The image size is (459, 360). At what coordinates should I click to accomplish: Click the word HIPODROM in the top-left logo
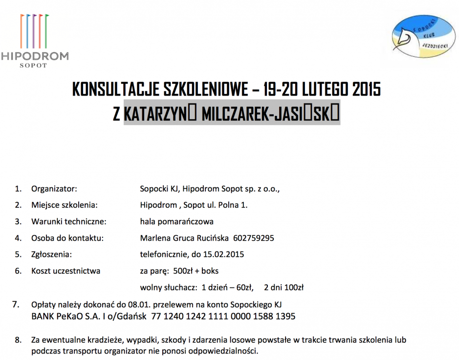pyautogui.click(x=35, y=56)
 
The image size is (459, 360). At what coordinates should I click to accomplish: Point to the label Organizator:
pyautogui.click(x=54, y=188)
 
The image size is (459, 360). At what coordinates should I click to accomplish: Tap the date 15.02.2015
pyautogui.click(x=224, y=254)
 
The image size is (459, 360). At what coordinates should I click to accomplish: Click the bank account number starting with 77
pyautogui.click(x=223, y=316)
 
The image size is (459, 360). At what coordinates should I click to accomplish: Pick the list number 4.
pyautogui.click(x=18, y=238)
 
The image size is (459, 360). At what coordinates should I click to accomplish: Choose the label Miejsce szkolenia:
pyautogui.click(x=65, y=205)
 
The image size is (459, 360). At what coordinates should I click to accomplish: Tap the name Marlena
pyautogui.click(x=154, y=238)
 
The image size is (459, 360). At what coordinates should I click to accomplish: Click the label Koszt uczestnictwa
pyautogui.click(x=66, y=271)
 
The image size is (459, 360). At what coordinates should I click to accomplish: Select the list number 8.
pyautogui.click(x=18, y=339)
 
